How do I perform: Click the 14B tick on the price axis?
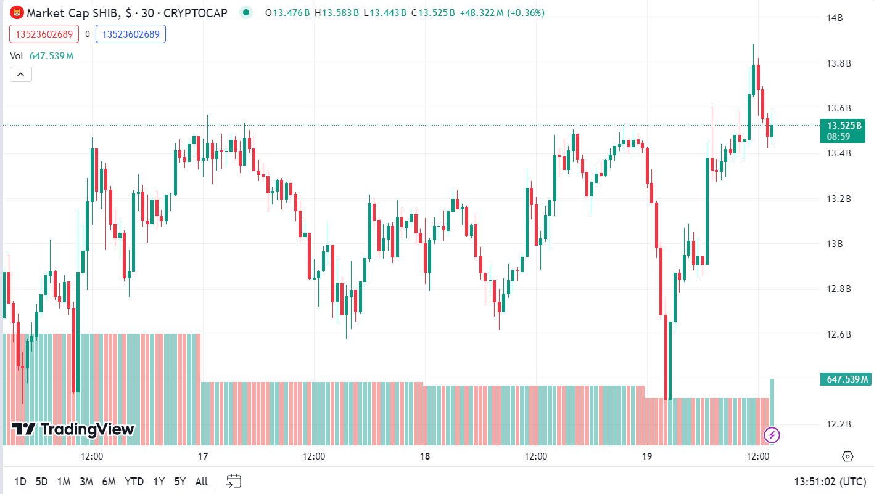tap(836, 18)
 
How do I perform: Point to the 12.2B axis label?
tap(839, 424)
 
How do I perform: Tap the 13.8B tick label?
tap(839, 63)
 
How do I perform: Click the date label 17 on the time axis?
tap(203, 456)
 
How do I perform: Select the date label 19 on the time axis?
tap(647, 456)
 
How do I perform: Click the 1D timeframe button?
tap(20, 482)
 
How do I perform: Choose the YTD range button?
tap(134, 482)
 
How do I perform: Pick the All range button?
tap(201, 482)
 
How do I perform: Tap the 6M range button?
tap(109, 482)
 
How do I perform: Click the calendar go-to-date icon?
tap(234, 481)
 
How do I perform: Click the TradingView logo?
tap(73, 429)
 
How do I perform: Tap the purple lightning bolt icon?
tap(772, 435)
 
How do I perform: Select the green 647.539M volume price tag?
tap(845, 379)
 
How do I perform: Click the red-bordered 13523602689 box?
tap(44, 34)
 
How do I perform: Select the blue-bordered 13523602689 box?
tap(131, 34)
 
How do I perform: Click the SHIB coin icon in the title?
tap(17, 12)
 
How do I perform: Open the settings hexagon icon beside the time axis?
tap(847, 456)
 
